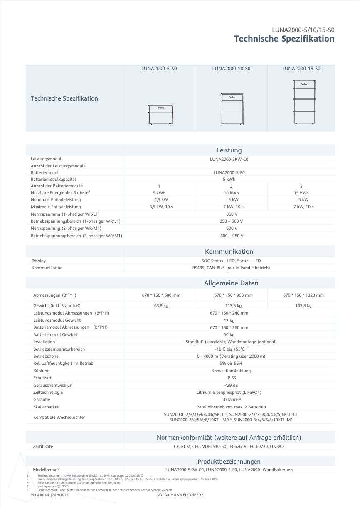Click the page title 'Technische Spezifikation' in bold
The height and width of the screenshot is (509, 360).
(284, 39)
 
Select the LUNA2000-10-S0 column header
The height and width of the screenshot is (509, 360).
(231, 69)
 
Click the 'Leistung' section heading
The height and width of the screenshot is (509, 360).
(229, 150)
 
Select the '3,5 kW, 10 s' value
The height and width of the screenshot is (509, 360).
(159, 207)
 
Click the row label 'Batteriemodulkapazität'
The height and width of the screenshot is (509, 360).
(53, 179)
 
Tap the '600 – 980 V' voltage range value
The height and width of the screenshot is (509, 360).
(232, 236)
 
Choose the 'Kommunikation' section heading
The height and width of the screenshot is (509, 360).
(229, 251)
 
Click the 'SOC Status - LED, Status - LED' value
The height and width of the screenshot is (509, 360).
(231, 261)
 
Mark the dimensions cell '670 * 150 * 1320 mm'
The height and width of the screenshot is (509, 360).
(303, 295)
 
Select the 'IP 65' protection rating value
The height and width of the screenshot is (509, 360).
(231, 378)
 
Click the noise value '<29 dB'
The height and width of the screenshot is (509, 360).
(231, 385)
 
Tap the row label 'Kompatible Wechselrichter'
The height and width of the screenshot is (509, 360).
(59, 417)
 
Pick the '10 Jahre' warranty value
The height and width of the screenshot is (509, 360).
(231, 399)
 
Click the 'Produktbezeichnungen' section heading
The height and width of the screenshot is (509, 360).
(229, 461)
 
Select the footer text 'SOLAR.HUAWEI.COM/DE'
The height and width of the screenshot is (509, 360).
(180, 495)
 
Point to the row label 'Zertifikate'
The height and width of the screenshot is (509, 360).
(43, 446)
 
